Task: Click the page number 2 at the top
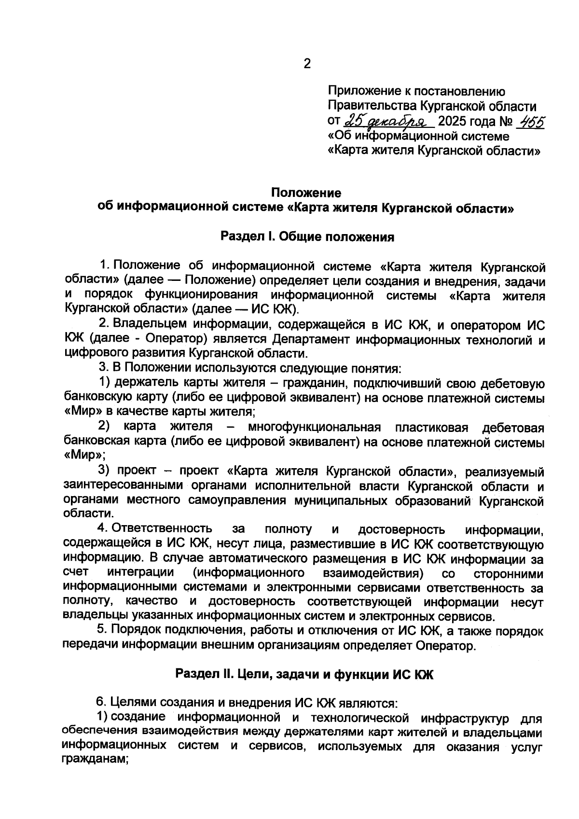click(x=307, y=64)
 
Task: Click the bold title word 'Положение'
click(x=306, y=193)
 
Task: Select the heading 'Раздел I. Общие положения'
click(x=307, y=237)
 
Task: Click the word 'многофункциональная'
click(x=314, y=428)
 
